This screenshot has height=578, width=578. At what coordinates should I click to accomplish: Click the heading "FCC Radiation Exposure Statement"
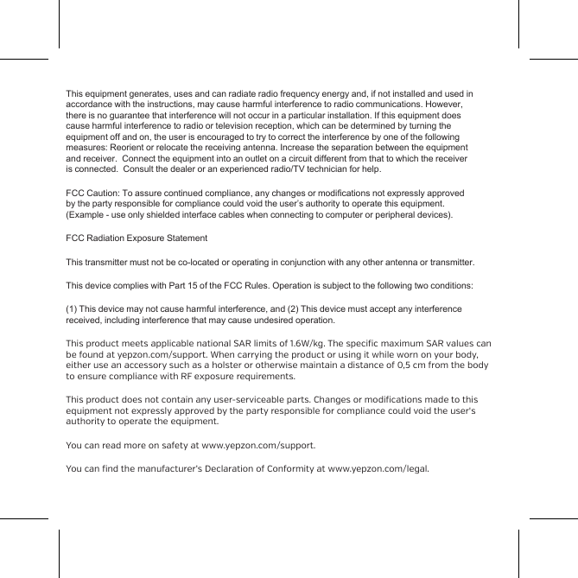tap(137, 238)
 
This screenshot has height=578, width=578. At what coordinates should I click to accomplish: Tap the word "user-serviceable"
tap(276, 400)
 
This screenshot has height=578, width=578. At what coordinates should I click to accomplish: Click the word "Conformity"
tap(280, 470)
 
